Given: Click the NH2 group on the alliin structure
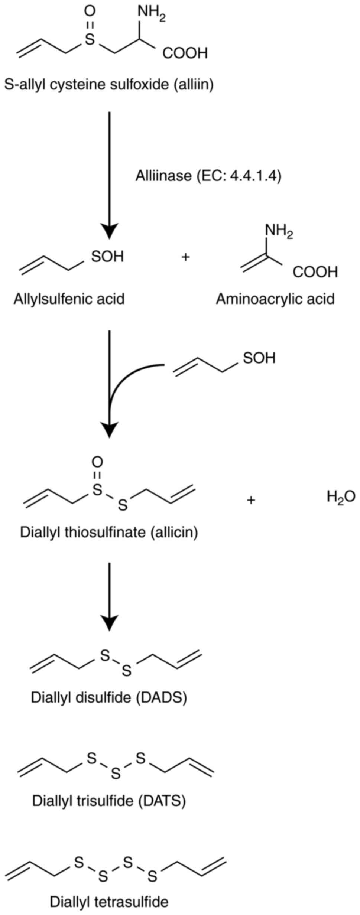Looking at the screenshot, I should point(151,14).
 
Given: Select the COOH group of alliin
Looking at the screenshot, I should point(185,53).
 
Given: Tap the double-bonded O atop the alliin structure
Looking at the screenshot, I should point(90,12).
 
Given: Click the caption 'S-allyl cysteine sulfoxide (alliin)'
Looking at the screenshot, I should point(109,85).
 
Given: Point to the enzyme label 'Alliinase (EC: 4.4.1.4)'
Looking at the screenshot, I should point(208,176).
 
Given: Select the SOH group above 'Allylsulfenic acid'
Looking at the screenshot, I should point(107,257).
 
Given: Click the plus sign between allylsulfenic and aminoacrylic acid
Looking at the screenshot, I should point(185,257).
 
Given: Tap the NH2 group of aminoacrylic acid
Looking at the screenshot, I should point(279,232).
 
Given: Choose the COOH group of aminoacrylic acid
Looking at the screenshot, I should point(315,272).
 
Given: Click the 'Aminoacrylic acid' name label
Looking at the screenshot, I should point(275,299).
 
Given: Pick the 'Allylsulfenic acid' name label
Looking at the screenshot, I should point(69,299).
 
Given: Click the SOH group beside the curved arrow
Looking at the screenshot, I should point(259,358).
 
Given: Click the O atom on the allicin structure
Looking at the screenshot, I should point(97,462).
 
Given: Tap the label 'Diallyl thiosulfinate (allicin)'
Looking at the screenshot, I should point(109,532).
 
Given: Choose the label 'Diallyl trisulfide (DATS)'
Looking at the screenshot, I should point(109,801).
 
